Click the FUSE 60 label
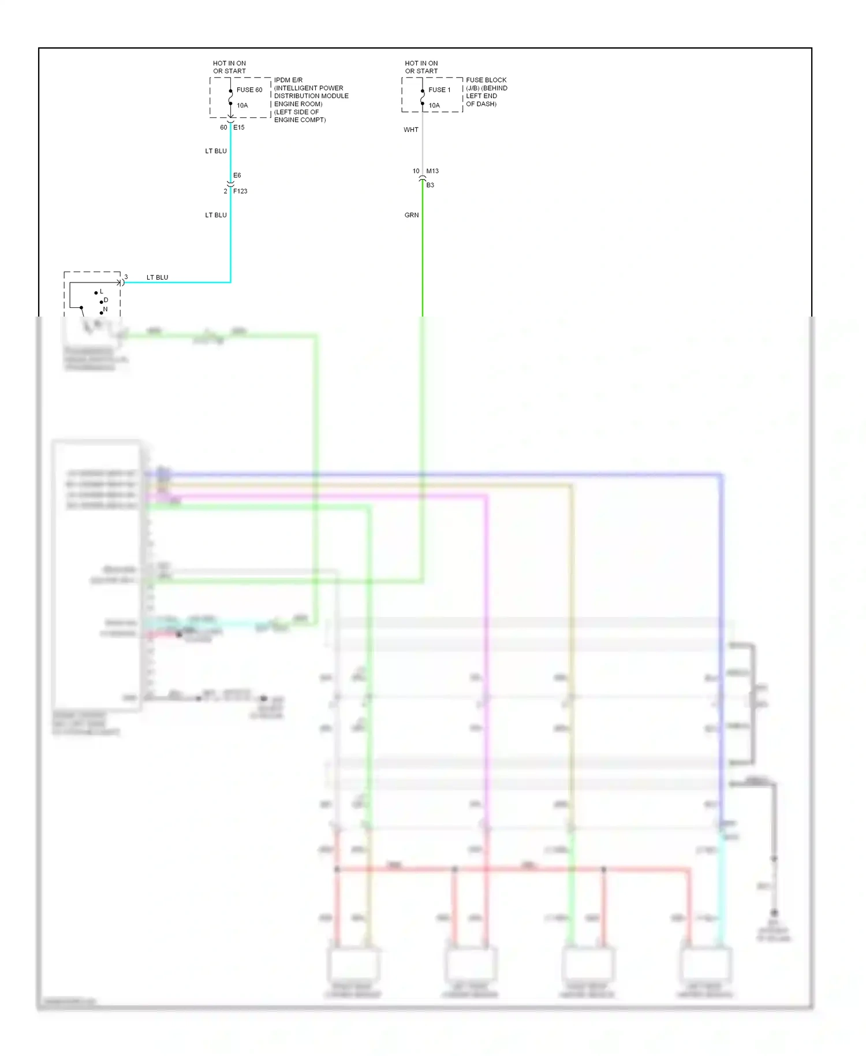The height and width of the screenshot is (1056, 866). point(249,90)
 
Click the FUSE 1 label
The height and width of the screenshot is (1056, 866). point(439,90)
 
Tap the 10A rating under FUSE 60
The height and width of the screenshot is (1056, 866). point(242,106)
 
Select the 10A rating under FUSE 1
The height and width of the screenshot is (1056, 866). point(434,106)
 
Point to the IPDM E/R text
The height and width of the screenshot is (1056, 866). point(288,80)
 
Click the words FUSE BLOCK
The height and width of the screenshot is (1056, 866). point(486,80)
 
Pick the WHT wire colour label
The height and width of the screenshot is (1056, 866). point(411,130)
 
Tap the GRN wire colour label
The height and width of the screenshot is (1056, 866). point(412,215)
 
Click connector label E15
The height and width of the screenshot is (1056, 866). point(239,128)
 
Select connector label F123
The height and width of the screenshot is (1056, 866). point(240,191)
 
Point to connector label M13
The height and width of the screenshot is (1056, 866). point(432,171)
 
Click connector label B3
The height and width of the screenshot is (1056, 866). point(430,185)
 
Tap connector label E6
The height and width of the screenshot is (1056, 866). point(237,176)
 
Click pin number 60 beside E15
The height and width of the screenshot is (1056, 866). point(223,128)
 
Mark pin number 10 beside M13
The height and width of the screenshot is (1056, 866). point(416,171)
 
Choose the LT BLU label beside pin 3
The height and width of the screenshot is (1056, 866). point(157,278)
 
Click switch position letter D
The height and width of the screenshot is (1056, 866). point(106,300)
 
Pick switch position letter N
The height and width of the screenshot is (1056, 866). point(105,310)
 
